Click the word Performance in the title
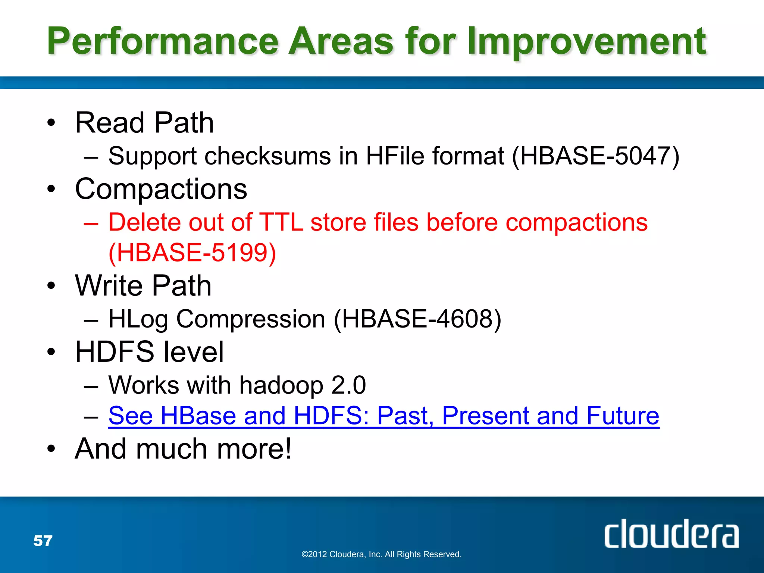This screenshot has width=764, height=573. click(x=162, y=41)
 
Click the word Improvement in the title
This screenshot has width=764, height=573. click(x=586, y=42)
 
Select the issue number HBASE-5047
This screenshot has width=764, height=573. click(x=595, y=156)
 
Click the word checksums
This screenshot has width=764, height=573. click(x=267, y=156)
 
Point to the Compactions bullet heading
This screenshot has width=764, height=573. click(x=161, y=189)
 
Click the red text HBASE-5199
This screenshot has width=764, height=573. click(x=192, y=253)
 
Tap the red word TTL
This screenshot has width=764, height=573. click(x=281, y=222)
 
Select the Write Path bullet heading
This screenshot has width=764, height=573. click(x=143, y=286)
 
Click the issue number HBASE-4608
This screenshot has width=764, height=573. click(x=417, y=319)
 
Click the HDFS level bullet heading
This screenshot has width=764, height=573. click(x=149, y=352)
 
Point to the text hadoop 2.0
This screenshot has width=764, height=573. click(x=302, y=385)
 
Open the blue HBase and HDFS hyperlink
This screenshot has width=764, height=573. click(x=383, y=416)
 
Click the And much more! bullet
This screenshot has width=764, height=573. click(x=183, y=449)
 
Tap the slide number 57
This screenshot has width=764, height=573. click(x=43, y=541)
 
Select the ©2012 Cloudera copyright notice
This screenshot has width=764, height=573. click(x=381, y=554)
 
